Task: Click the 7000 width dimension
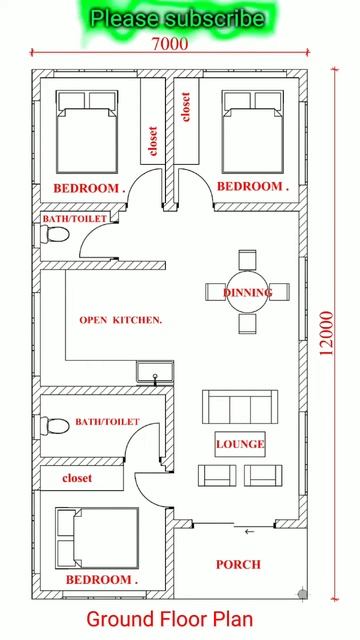(170, 44)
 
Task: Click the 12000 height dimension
(326, 333)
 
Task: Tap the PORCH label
(238, 564)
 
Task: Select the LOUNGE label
(240, 444)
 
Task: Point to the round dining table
(248, 292)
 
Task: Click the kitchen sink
(155, 372)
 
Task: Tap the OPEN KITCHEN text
(120, 320)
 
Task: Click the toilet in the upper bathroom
(55, 235)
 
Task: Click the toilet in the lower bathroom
(55, 426)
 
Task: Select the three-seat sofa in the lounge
(240, 407)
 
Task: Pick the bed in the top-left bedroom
(87, 131)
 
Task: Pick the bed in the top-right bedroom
(253, 131)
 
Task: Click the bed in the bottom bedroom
(97, 538)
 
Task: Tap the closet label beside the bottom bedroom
(77, 478)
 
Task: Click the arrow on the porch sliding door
(249, 531)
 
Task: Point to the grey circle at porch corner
(302, 593)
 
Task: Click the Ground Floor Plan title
(170, 619)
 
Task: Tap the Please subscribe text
(177, 19)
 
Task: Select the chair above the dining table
(247, 260)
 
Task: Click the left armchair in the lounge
(217, 476)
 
